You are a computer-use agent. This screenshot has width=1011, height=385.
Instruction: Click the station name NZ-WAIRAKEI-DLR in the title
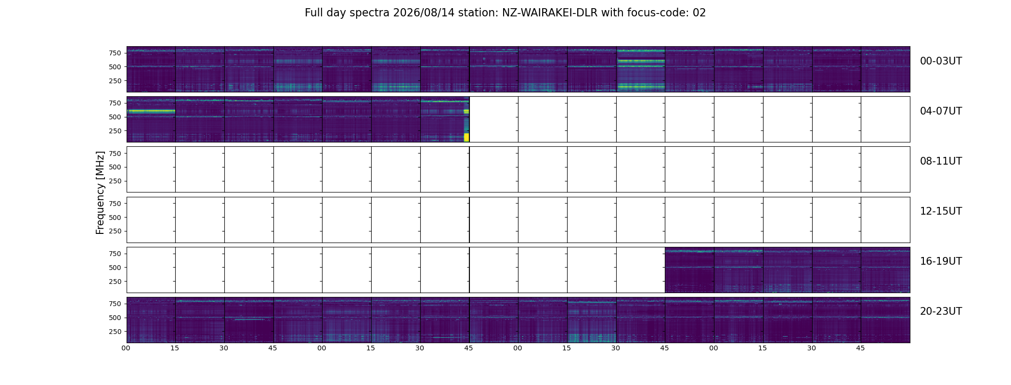click(550, 13)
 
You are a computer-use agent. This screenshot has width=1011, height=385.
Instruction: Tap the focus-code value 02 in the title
click(699, 13)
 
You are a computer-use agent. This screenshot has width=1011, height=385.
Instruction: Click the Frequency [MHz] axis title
click(100, 192)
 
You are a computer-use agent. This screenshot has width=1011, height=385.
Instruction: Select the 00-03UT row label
click(941, 61)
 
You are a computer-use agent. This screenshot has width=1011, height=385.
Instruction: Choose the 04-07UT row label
click(941, 111)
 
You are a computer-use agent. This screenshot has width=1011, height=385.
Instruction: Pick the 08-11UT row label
click(941, 161)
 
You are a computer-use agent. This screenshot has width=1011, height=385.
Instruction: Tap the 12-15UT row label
click(941, 211)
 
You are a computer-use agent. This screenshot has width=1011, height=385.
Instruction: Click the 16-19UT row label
click(941, 261)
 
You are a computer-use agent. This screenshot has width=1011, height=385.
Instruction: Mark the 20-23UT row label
click(941, 311)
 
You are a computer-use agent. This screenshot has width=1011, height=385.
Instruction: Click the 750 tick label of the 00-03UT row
click(115, 53)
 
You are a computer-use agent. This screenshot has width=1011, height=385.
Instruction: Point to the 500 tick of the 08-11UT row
click(115, 167)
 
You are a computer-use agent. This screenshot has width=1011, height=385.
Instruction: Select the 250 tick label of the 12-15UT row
click(115, 231)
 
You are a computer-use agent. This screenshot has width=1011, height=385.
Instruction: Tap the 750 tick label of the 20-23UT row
click(115, 304)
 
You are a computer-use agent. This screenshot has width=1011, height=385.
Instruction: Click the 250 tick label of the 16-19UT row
click(115, 281)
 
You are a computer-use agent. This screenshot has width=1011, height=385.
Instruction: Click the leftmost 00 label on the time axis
click(126, 348)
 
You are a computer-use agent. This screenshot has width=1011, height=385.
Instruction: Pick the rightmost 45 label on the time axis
click(860, 348)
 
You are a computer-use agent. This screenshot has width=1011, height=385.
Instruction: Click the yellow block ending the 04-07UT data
click(467, 137)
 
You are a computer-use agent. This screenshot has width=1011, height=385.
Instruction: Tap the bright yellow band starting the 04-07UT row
click(151, 111)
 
